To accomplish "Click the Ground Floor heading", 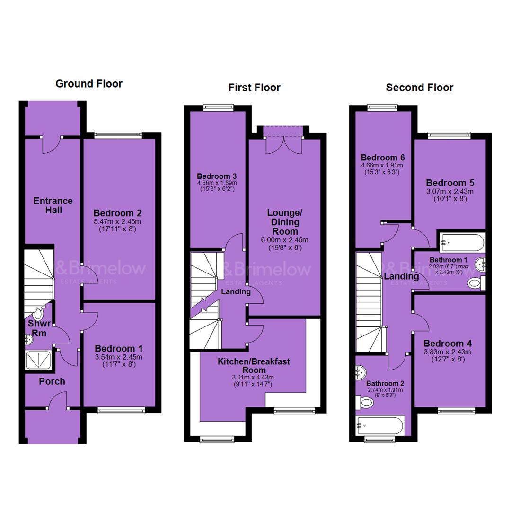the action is [89, 84].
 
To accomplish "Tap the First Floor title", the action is [254, 88].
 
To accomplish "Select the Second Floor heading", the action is [419, 88].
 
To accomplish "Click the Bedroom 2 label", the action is [118, 213].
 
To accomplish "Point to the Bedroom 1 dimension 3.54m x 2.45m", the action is [119, 357].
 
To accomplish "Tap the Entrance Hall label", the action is [53, 205].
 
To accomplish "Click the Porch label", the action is [52, 381].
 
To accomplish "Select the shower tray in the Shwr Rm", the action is [38, 360].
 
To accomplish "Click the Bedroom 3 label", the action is [217, 176].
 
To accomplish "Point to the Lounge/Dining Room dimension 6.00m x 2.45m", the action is [284, 240].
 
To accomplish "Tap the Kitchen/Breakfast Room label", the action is [254, 366].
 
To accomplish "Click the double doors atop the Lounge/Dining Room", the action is [283, 145].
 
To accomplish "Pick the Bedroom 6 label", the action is [383, 158].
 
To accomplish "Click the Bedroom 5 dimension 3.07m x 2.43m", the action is [450, 192].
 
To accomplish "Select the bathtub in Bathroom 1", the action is [462, 242].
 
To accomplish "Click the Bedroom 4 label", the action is [448, 344].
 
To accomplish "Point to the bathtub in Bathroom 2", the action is [380, 425].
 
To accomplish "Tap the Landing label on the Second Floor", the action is [402, 276].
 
